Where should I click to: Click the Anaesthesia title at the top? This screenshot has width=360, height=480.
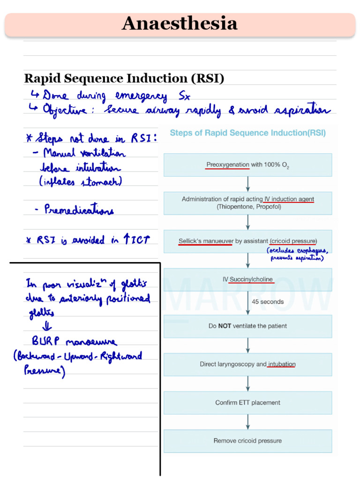pyautogui.click(x=180, y=24)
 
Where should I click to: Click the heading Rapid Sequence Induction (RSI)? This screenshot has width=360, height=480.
pyautogui.click(x=124, y=78)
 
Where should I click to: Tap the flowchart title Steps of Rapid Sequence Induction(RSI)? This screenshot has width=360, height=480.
pyautogui.click(x=247, y=133)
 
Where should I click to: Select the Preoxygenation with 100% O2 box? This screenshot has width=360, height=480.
pyautogui.click(x=247, y=165)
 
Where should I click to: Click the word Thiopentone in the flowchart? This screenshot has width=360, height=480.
pyautogui.click(x=233, y=207)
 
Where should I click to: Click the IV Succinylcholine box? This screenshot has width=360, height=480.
pyautogui.click(x=247, y=280)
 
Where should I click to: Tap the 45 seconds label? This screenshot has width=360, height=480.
pyautogui.click(x=268, y=302)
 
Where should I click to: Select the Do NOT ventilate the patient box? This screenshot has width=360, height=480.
pyautogui.click(x=247, y=326)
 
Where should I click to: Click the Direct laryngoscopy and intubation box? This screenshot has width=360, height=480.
pyautogui.click(x=247, y=364)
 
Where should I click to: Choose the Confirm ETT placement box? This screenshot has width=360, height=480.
pyautogui.click(x=247, y=403)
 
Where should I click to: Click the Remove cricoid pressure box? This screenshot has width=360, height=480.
pyautogui.click(x=247, y=441)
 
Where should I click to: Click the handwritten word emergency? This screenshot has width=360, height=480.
pyautogui.click(x=141, y=97)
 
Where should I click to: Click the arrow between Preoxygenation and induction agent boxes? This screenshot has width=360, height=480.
pyautogui.click(x=247, y=184)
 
